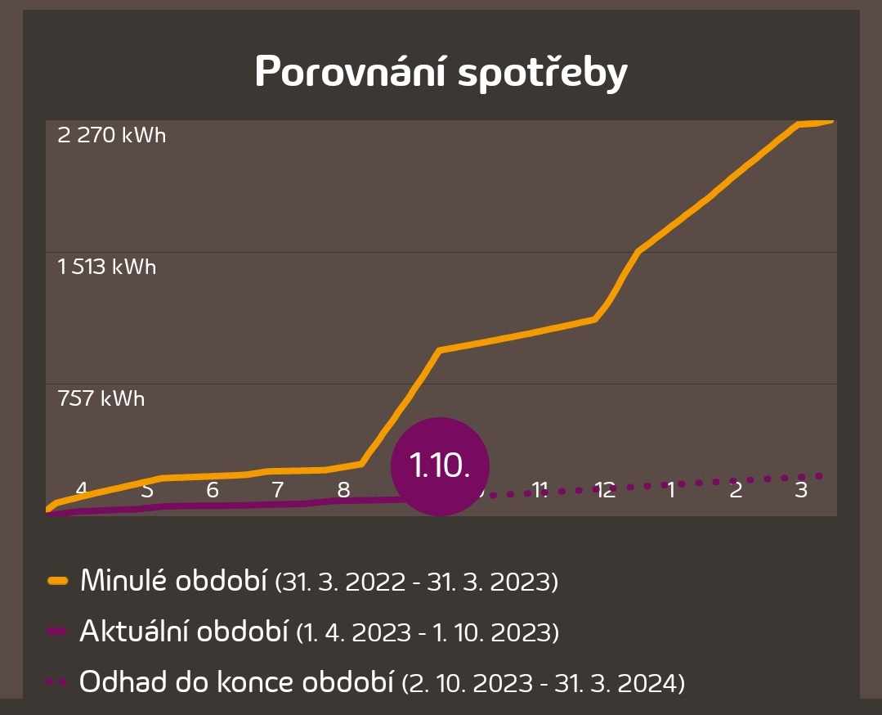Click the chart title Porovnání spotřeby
point(441,73)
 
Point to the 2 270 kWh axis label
point(112,135)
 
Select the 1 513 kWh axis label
point(107,267)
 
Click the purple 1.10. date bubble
point(440,465)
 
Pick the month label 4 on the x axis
point(82,490)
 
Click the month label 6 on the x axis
point(213,490)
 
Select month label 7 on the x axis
point(278,490)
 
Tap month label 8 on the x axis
point(343,490)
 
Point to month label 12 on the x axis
point(605,490)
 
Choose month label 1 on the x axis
point(671,490)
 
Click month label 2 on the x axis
point(736,490)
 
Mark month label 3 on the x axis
point(801,490)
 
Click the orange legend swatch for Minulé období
point(57,582)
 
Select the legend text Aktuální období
point(184,631)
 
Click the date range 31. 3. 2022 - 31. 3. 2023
point(417,582)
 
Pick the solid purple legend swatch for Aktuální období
point(57,631)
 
